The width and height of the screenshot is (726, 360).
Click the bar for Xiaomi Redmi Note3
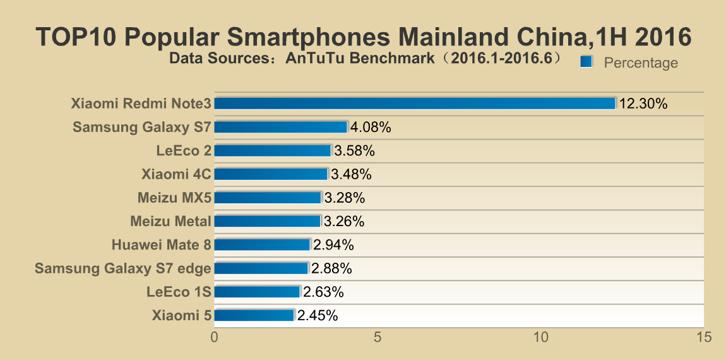pos(415,104)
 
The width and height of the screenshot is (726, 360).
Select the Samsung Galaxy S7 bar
pos(281,127)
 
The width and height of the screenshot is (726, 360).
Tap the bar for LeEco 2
pos(273,150)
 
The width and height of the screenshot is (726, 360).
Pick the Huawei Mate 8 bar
pos(263,244)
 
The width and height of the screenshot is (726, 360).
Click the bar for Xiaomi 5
pos(254,315)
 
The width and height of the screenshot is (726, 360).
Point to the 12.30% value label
pos(643,104)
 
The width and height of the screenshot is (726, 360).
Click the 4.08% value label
pos(371,127)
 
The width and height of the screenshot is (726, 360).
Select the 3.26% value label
pos(344,221)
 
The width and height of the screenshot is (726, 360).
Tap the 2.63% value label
pos(323,292)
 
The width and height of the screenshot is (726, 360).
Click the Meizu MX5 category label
pos(174,198)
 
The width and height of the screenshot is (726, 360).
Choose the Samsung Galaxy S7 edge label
pos(122,268)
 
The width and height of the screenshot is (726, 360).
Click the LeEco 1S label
pos(179,292)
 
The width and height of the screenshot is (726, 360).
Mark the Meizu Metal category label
pos(170,221)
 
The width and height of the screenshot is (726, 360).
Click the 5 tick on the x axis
pos(378,338)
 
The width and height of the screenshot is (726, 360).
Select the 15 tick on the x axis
pos(703,338)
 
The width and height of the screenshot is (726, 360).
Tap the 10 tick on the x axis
pos(540,338)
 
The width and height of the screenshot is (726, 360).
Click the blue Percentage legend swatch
pos(586,61)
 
